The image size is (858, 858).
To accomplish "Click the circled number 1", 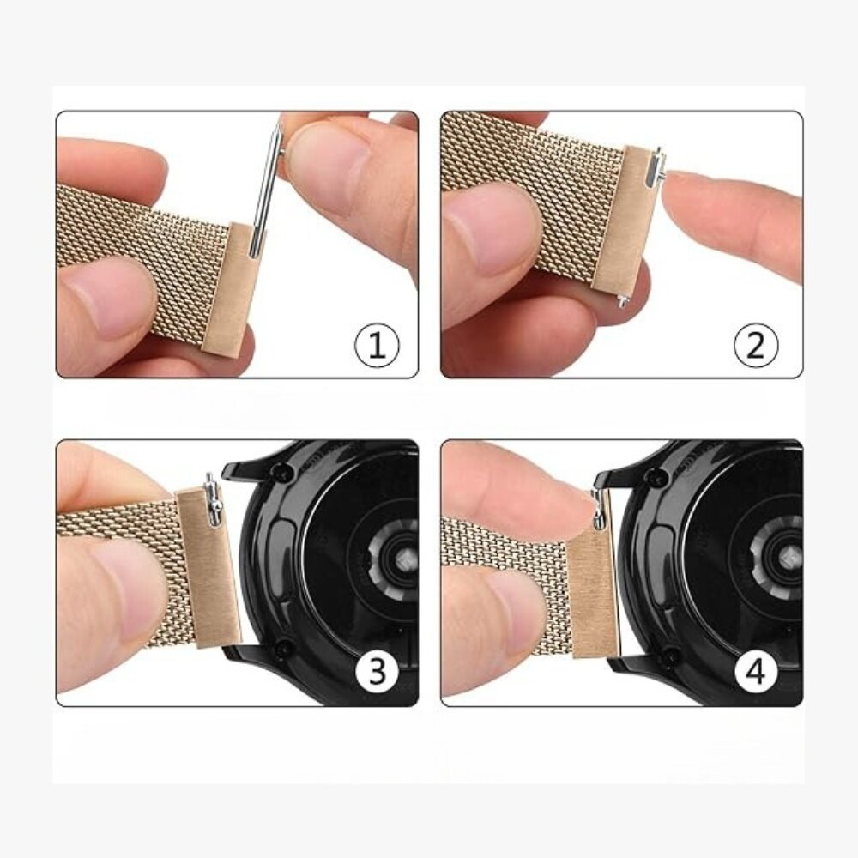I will pyautogui.click(x=378, y=347).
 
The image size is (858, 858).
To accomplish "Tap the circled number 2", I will pyautogui.click(x=756, y=347).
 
